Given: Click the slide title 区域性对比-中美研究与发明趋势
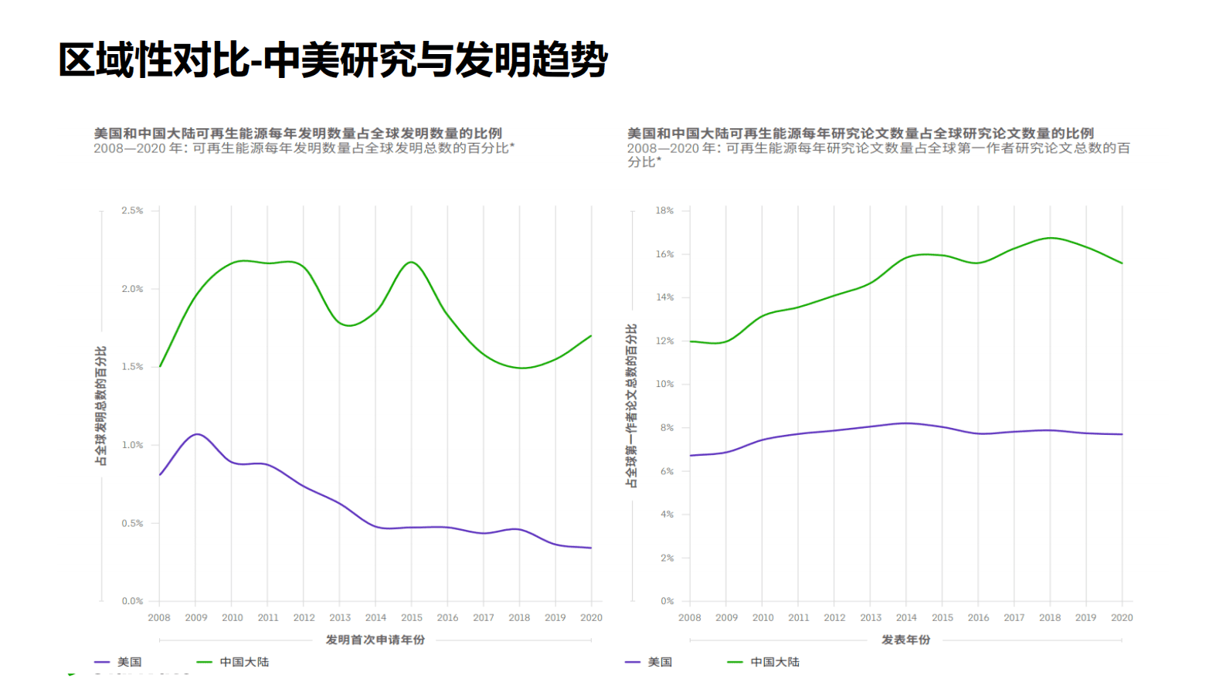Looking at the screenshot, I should pos(332,60).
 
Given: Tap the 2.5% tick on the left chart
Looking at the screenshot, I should pos(132,210).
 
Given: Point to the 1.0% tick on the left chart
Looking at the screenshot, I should pos(132,445).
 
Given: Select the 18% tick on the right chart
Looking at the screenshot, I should pos(664,210).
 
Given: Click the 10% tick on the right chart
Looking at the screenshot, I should pos(664,384).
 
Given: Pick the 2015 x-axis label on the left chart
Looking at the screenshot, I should pos(412,618).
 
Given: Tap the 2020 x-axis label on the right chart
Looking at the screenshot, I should pos(1122,618).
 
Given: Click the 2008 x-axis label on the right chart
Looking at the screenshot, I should pos(690,618).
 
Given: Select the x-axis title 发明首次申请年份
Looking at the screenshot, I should pos(375,640).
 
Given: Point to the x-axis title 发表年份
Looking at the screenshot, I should pos(905,640).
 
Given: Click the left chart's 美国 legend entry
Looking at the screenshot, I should pos(128,662).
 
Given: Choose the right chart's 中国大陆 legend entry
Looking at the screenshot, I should pos(774,662).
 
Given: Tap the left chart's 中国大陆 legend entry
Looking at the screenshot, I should pos(243,662).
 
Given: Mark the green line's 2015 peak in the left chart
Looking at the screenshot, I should pos(412,262).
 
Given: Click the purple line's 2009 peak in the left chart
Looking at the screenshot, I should pos(197,434).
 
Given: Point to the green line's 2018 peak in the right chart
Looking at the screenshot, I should pos(1050,238).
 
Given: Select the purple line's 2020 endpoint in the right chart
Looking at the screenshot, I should pos(1122,434).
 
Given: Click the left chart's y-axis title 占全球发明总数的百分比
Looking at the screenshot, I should pos(100,406).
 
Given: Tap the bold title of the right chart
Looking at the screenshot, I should pos(860,133).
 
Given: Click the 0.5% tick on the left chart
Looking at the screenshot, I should pos(132,523).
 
